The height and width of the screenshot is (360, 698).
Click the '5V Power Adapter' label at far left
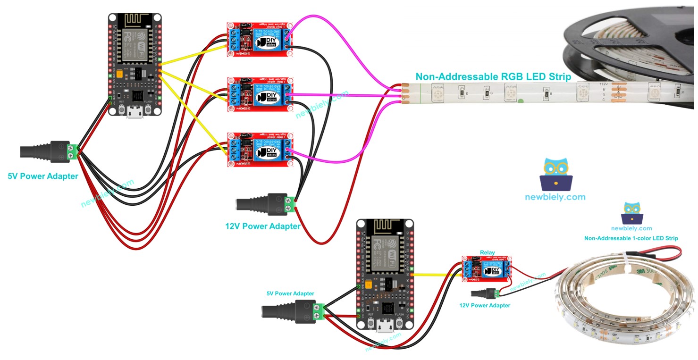coord(43,176)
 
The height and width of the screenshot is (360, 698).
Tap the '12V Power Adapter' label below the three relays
coord(263,226)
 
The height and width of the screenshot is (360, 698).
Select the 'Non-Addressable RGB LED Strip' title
coord(493,76)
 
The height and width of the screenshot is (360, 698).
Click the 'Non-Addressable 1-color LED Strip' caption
coord(631,238)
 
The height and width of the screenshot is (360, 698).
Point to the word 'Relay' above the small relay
coord(488,252)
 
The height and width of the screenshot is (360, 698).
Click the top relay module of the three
coord(260,41)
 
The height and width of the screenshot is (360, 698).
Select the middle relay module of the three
coord(260,94)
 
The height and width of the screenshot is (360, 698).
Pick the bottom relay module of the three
coord(260,149)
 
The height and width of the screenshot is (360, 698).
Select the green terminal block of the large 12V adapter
coord(289,204)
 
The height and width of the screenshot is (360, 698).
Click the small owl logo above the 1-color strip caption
coord(631,213)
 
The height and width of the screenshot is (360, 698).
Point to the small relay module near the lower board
coord(488,269)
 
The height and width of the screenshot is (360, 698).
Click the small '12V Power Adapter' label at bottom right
coord(485,305)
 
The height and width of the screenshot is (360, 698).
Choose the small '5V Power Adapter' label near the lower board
coord(290,293)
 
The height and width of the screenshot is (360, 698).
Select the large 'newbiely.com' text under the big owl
coord(555,197)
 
